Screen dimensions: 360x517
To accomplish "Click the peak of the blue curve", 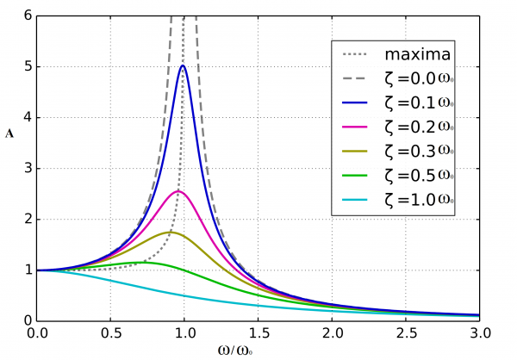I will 183,65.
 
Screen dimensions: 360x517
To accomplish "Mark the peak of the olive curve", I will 170,232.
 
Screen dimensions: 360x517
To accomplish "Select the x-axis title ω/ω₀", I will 258,351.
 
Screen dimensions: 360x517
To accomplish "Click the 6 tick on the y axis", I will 28,16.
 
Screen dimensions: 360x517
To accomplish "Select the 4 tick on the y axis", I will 28,117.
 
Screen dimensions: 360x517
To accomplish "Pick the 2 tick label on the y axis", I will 28,219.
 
